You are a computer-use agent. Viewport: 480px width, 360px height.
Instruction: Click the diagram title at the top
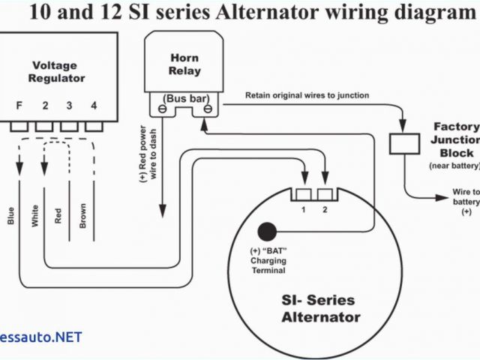pyautogui.click(x=241, y=13)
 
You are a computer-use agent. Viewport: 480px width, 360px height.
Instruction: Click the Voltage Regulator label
pyautogui.click(x=56, y=71)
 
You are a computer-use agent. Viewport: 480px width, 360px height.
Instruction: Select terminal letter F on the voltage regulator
pyautogui.click(x=19, y=106)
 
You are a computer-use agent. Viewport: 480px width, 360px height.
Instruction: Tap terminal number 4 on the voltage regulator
pyautogui.click(x=94, y=106)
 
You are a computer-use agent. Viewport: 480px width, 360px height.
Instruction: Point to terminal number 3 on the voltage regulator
pyautogui.click(x=70, y=106)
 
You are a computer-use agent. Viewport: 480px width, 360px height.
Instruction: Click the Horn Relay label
pyautogui.click(x=184, y=63)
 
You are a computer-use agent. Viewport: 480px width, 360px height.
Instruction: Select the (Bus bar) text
pyautogui.click(x=184, y=98)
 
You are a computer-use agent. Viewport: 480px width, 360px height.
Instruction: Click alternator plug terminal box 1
pyautogui.click(x=304, y=195)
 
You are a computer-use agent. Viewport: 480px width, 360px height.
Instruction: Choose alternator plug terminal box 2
pyautogui.click(x=325, y=195)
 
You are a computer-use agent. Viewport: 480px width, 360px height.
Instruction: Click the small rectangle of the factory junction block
pyautogui.click(x=403, y=143)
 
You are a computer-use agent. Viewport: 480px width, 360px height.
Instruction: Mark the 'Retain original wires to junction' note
pyautogui.click(x=306, y=96)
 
